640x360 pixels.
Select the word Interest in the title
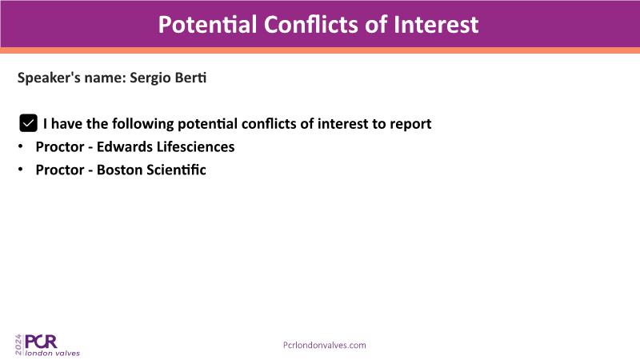pos(436,24)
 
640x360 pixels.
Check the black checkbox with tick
pos(29,123)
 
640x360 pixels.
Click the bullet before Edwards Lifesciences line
pos(21,146)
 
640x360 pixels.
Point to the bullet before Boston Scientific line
pos(21,170)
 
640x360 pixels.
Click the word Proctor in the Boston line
pos(60,170)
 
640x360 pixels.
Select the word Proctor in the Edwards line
pos(60,146)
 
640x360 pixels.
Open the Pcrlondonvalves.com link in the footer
pos(325,346)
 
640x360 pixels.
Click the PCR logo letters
pos(41,342)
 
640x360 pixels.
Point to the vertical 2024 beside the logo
pos(18,345)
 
